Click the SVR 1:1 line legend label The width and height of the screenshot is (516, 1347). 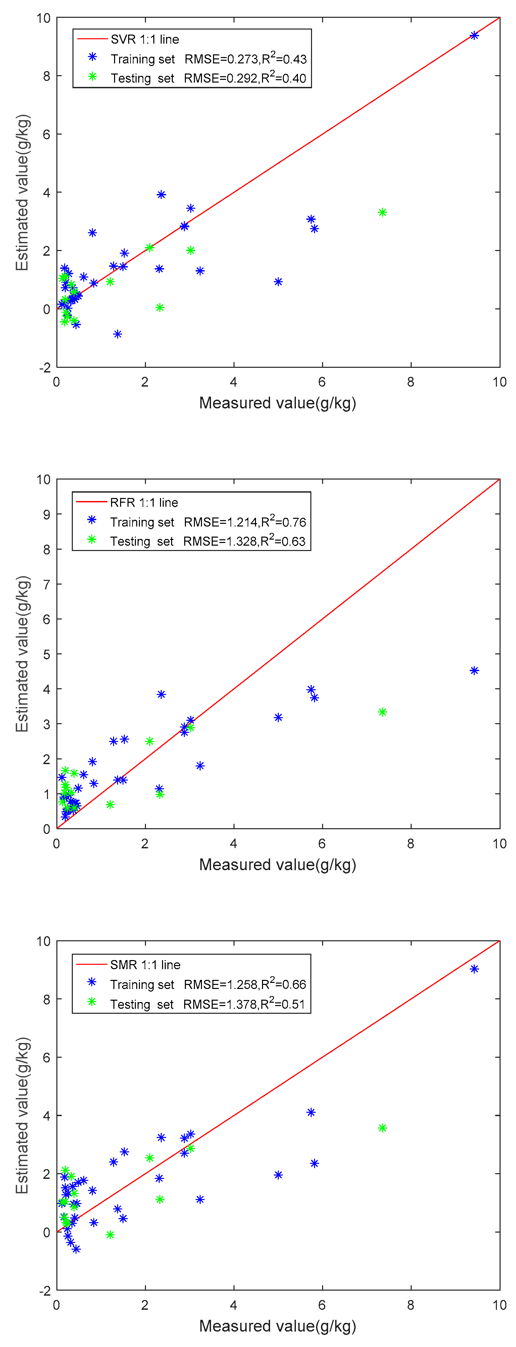pyautogui.click(x=145, y=40)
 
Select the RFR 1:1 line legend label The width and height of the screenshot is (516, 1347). pyautogui.click(x=144, y=502)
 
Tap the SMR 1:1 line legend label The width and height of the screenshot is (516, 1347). pyautogui.click(x=145, y=965)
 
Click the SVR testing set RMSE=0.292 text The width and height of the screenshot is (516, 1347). pyautogui.click(x=245, y=79)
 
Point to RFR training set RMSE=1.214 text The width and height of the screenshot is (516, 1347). pyautogui.click(x=245, y=522)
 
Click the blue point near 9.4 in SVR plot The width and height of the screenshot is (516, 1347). pyautogui.click(x=474, y=36)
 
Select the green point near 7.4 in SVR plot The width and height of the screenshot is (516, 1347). pyautogui.click(x=382, y=212)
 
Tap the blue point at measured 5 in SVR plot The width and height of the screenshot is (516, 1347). pyautogui.click(x=278, y=282)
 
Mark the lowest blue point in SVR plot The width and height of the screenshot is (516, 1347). pyautogui.click(x=118, y=334)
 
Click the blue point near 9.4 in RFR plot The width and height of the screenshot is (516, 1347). pyautogui.click(x=474, y=670)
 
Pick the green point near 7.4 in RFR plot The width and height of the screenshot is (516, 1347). pyautogui.click(x=382, y=712)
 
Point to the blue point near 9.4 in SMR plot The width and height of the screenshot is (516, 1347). pyautogui.click(x=474, y=969)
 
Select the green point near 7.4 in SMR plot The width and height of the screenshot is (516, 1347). pyautogui.click(x=382, y=1128)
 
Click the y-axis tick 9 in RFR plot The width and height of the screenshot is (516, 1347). pyautogui.click(x=46, y=514)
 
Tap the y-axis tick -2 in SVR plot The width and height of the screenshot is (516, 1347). pyautogui.click(x=45, y=367)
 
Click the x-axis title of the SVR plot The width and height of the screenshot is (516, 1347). pyautogui.click(x=277, y=403)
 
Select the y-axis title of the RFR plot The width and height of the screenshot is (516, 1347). pyautogui.click(x=22, y=654)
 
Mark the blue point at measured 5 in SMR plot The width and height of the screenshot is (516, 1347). pyautogui.click(x=278, y=1175)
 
